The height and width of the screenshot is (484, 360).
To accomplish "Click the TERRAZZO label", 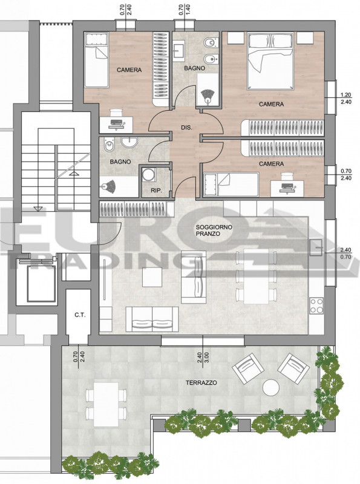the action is tap(201, 383).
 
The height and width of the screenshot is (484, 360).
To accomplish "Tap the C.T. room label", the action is tap(80, 315).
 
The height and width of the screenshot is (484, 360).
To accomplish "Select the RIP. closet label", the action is tap(156, 191).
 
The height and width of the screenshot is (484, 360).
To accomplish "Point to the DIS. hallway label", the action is tap(186, 127).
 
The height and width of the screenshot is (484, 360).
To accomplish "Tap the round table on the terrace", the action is tap(271, 387).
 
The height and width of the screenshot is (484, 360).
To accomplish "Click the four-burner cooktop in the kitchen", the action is tap(316, 306).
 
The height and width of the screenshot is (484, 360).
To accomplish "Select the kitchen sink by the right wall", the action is tap(316, 247).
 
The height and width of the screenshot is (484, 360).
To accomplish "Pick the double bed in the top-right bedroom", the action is tap(270, 62).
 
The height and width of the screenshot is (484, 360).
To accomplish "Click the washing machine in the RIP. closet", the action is tap(148, 174).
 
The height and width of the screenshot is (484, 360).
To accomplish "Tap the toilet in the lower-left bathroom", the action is tap(109, 145).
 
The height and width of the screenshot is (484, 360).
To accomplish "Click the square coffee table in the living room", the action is tap(152, 277).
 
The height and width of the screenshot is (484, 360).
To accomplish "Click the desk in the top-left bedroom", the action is tap(116, 125).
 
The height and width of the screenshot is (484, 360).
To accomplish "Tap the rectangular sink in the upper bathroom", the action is tap(178, 51).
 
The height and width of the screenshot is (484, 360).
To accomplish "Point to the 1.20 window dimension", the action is tap(346, 95).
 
